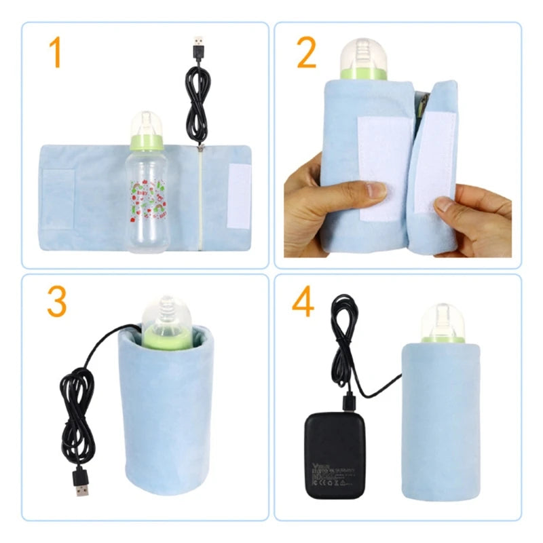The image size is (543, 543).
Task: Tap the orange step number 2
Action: pos(307,54)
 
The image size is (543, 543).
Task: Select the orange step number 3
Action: pos(57,303)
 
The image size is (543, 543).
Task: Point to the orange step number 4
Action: pos(303,303)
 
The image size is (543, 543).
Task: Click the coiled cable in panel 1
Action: pos(198,105)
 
